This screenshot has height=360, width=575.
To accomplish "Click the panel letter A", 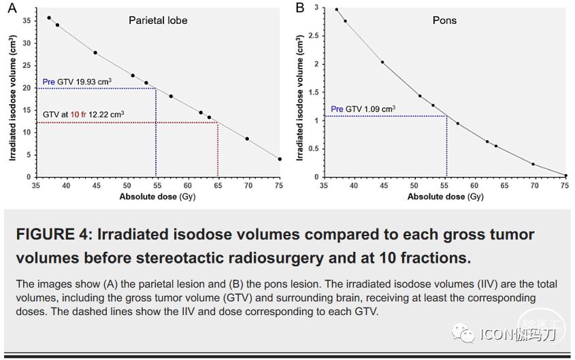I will point(12,8).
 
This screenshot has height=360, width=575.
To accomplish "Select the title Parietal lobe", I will point(158,20).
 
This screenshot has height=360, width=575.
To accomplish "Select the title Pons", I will point(444,20).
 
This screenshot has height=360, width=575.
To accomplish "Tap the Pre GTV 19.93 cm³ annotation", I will point(77,82).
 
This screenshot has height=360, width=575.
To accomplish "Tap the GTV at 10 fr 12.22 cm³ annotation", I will point(83,115).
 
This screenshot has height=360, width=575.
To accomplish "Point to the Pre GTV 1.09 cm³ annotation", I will point(363,109).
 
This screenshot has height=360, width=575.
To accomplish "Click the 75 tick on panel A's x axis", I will point(279,185).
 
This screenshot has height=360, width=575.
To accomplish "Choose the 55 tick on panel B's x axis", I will point(445,185).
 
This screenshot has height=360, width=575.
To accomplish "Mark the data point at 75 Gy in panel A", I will point(280,159).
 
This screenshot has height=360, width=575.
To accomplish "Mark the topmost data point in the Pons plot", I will point(336,10).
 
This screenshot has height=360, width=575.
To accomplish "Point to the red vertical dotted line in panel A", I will point(218,150).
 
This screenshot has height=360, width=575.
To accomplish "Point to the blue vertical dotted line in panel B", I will point(446,146).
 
